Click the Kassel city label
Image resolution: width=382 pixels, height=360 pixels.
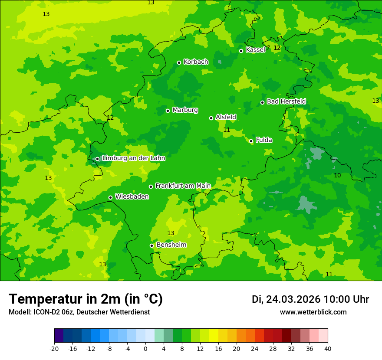point(255,50)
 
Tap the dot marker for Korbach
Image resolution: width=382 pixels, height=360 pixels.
point(179,62)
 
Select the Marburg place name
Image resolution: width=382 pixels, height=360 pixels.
point(185,110)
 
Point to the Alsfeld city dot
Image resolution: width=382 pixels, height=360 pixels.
point(211,118)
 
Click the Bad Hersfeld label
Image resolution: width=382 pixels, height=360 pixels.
point(286,101)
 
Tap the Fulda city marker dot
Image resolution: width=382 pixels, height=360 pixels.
point(251,141)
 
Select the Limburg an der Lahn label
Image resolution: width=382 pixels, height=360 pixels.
point(133,158)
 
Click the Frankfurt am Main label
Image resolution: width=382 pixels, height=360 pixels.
point(183,186)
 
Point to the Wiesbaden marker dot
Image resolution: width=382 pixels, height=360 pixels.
point(110,197)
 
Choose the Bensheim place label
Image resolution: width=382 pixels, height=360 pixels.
point(171,245)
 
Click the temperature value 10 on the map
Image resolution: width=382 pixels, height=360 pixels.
point(337,175)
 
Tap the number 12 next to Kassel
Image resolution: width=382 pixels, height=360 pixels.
point(277,48)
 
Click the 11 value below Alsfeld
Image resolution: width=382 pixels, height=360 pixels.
point(227,130)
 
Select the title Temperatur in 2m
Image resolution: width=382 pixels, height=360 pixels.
point(86,299)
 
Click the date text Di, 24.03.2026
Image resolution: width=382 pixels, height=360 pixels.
point(286,299)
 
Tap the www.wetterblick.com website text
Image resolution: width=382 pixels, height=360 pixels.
point(313,312)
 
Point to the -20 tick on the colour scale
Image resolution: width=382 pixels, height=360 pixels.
point(54,348)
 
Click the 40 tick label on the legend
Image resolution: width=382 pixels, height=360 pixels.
point(328,348)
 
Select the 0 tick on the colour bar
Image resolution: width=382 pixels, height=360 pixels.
point(145,348)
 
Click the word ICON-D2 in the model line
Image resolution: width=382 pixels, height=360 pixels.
point(46,312)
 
